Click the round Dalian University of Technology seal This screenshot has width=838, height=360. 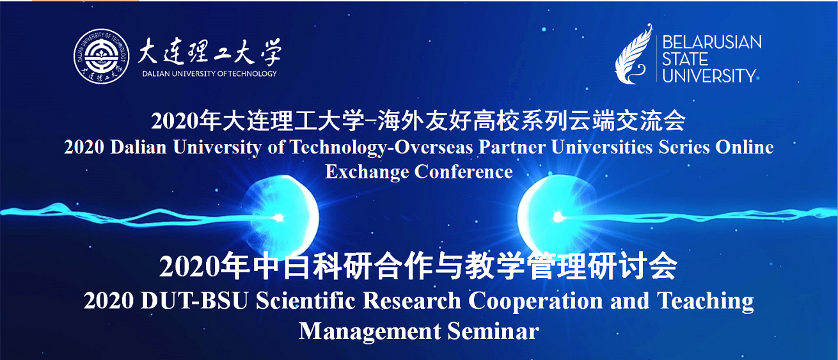click(x=101, y=56)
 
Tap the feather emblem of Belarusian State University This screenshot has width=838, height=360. click(x=634, y=54)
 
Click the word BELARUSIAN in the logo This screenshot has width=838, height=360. click(x=712, y=42)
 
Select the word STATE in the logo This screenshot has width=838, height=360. click(x=685, y=59)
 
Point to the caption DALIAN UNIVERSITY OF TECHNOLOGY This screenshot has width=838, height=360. click(x=210, y=74)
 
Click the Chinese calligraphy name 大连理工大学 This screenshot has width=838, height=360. click(x=210, y=52)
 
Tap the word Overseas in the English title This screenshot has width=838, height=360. click(x=434, y=147)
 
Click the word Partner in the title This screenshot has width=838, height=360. click(x=512, y=147)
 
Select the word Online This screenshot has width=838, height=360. click(x=745, y=147)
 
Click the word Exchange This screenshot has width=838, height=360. click(x=367, y=173)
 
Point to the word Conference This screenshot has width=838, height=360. click(x=464, y=171)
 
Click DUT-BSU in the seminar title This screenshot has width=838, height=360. click(x=194, y=301)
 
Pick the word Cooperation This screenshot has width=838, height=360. click(x=535, y=301)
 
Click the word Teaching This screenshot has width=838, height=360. click(x=706, y=301)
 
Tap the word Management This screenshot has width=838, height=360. click(x=370, y=332)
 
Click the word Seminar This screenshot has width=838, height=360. click(x=493, y=331)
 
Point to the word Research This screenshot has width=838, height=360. click(x=412, y=301)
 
